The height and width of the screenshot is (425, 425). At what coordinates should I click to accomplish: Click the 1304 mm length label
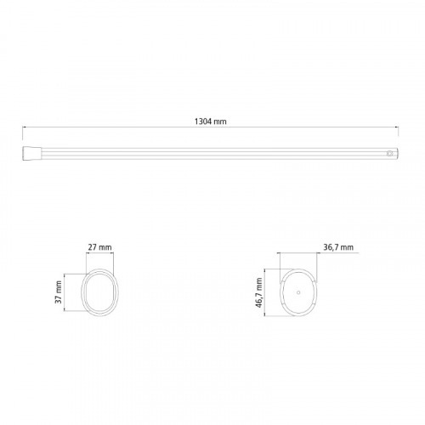210,122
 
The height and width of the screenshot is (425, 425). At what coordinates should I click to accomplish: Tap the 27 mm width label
99,247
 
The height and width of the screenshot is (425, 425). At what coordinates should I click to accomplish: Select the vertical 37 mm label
59,292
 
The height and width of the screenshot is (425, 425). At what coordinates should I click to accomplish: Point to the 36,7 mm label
338,247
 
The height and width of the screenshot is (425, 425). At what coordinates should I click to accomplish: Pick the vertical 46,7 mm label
259,293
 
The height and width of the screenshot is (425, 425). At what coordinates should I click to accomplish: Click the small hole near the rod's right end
390,153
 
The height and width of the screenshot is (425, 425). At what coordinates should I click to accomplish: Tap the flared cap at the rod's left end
32,153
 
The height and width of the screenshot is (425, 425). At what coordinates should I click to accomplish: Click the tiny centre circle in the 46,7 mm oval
298,292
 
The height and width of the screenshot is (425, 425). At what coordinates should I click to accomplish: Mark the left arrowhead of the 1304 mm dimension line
24,127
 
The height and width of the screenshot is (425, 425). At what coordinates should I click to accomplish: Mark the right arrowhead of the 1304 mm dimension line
397,127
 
